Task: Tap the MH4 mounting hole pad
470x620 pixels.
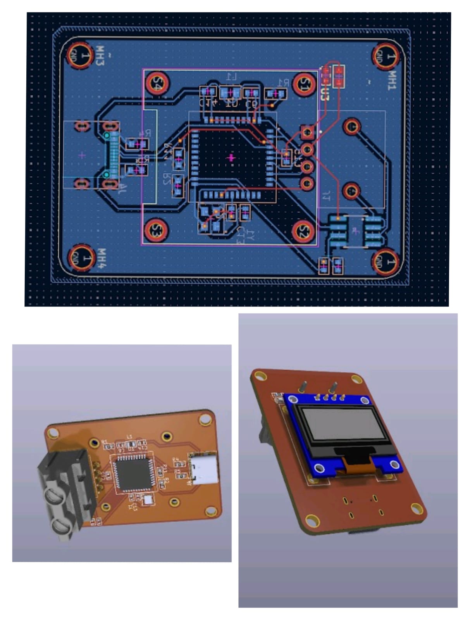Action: [81, 258]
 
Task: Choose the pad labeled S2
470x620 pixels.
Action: [304, 231]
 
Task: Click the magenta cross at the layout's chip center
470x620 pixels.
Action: [231, 158]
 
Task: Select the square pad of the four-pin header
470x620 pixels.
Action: [307, 133]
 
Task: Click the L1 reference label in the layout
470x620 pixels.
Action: [232, 76]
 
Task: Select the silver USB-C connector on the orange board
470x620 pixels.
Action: [204, 469]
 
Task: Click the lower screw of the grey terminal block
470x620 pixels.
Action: [61, 527]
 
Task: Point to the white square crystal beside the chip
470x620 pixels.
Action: [148, 500]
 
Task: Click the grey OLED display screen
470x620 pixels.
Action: [344, 424]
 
